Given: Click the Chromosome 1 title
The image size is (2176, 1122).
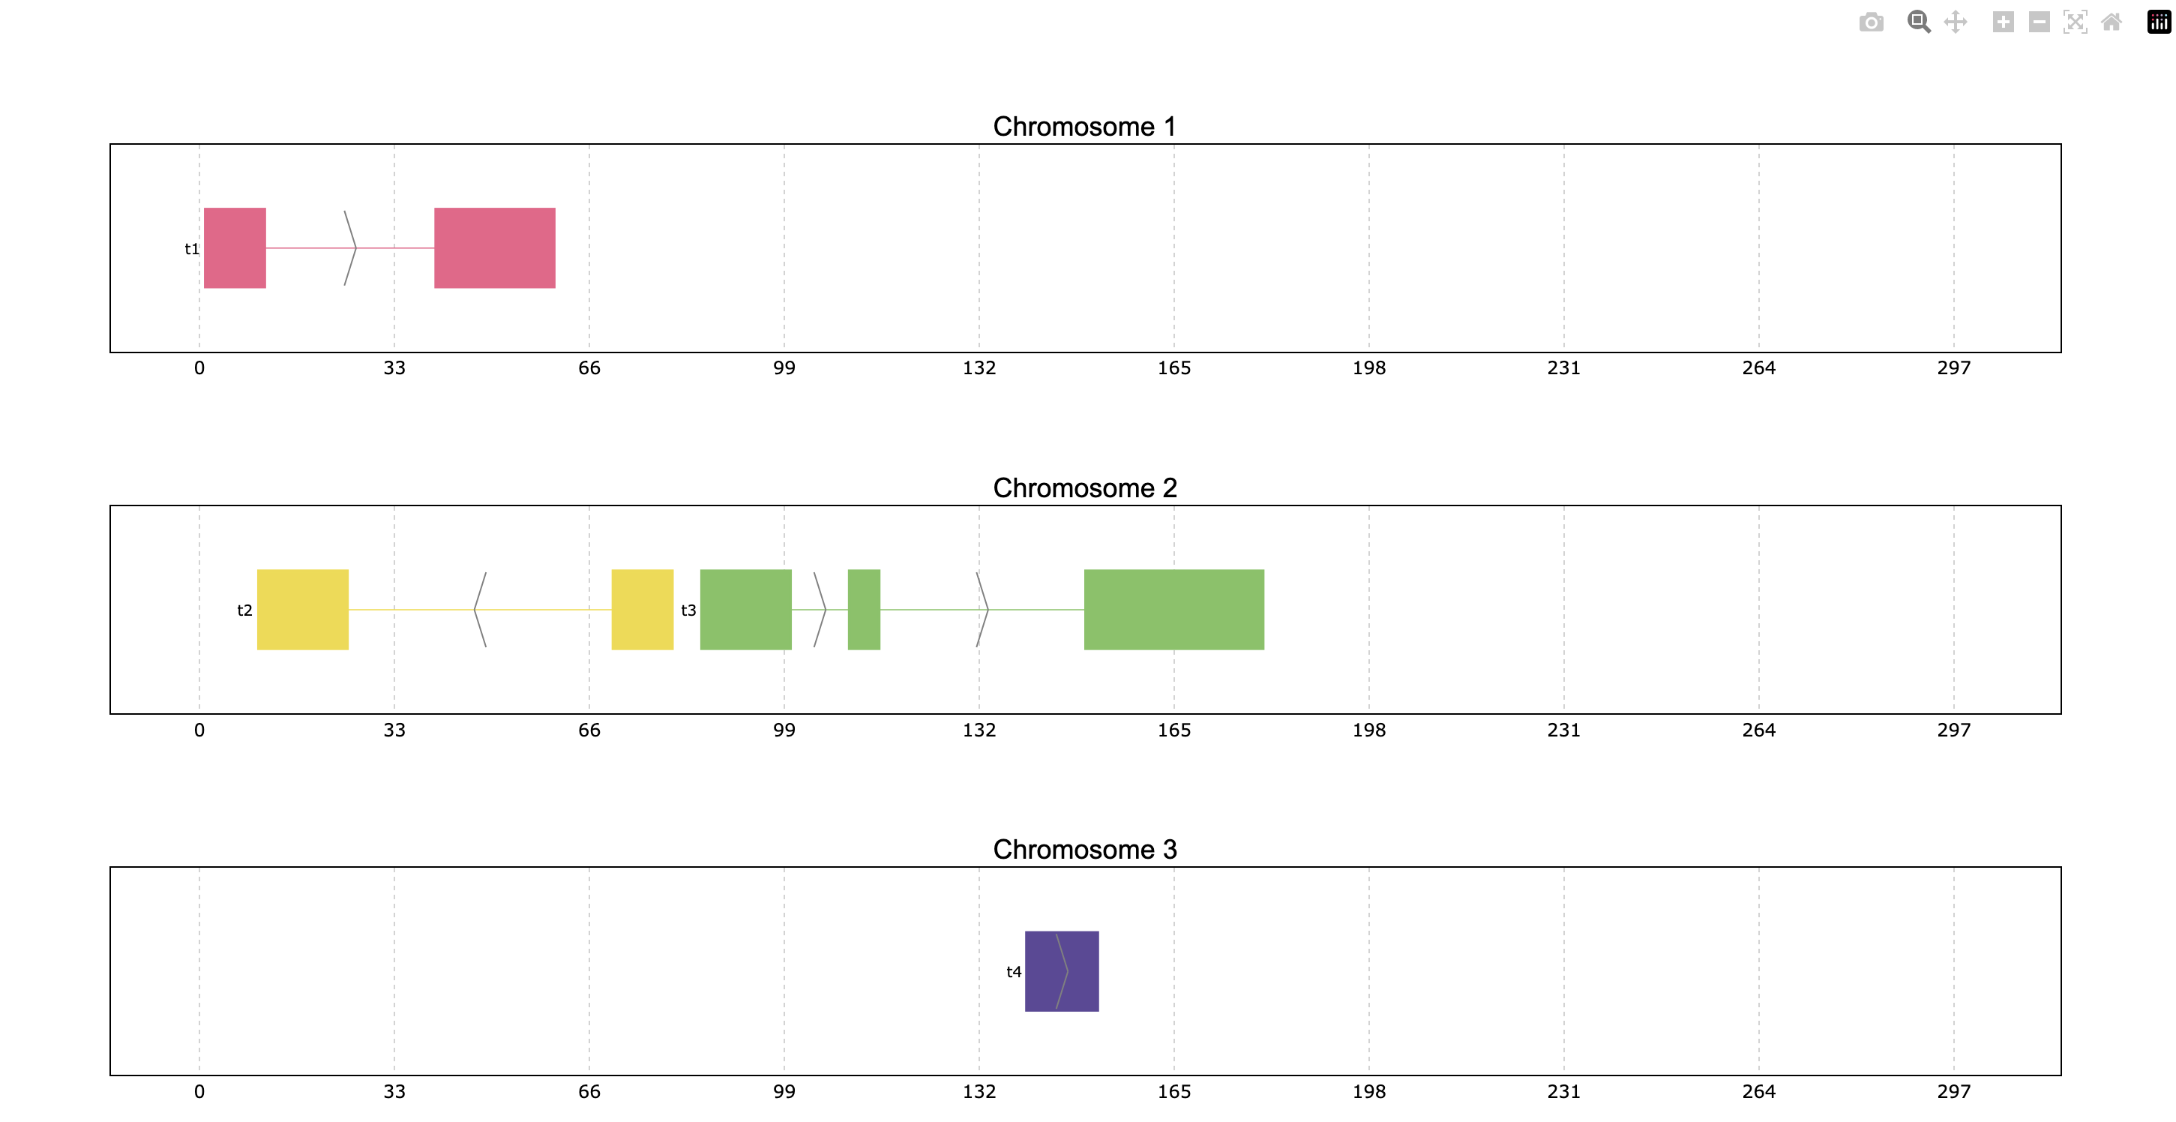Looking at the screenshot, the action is point(1084,126).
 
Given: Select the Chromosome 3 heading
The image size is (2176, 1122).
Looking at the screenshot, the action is point(1084,849).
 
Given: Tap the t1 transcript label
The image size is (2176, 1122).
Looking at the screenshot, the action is point(192,248).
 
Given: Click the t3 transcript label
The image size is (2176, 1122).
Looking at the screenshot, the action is point(688,610).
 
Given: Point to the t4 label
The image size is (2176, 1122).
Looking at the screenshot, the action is point(1014,971).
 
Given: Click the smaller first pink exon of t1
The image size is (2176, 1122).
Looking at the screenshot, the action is point(235,247).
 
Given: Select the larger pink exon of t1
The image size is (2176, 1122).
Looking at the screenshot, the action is point(495,247).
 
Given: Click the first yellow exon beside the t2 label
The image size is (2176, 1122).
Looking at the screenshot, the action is point(302,609).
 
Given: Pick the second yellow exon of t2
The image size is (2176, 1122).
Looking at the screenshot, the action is point(643,609).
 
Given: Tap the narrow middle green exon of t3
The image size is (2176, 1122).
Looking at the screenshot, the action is point(864,609).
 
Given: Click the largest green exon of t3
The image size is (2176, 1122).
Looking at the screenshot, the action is point(1174,609).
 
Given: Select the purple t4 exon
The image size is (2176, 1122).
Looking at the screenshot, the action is point(1062,970).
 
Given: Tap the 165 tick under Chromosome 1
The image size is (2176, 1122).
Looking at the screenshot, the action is point(1174,367).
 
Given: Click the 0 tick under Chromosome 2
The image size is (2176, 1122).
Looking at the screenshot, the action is point(199,730).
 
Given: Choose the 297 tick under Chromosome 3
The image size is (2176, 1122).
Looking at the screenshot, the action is point(1954,1091).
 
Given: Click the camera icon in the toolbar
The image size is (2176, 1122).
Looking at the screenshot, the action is point(1871,22).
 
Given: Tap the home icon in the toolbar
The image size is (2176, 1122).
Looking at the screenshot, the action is point(2111,22).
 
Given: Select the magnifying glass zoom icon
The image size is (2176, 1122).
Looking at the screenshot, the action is point(1918,22).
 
